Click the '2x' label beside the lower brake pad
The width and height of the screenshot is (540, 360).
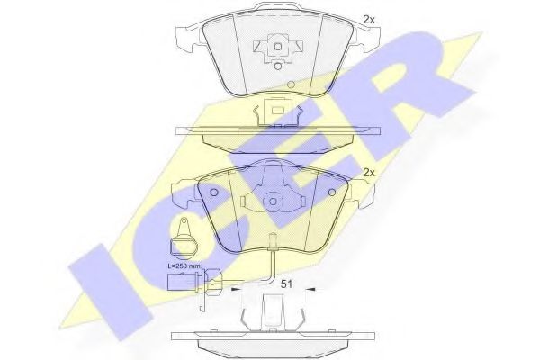(x=367, y=172)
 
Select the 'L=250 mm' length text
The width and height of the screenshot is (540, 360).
(x=186, y=268)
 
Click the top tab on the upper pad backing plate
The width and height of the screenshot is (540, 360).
(x=266, y=8)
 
